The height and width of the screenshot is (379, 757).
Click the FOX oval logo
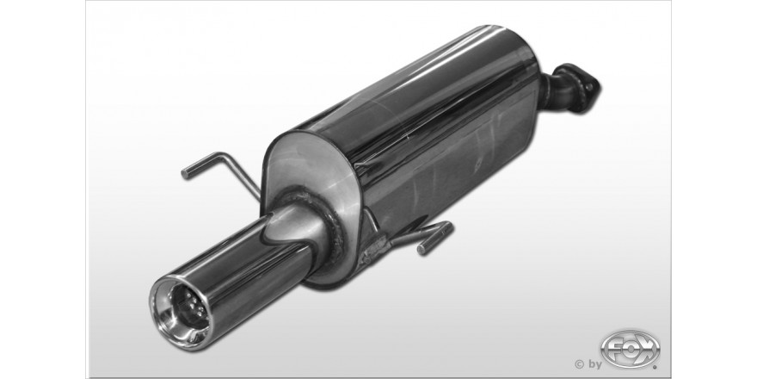coord(630,348)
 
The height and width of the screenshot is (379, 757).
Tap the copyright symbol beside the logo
coord(579,364)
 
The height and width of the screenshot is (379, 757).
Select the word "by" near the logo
coord(594,364)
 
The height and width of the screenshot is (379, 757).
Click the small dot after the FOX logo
coord(655,367)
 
